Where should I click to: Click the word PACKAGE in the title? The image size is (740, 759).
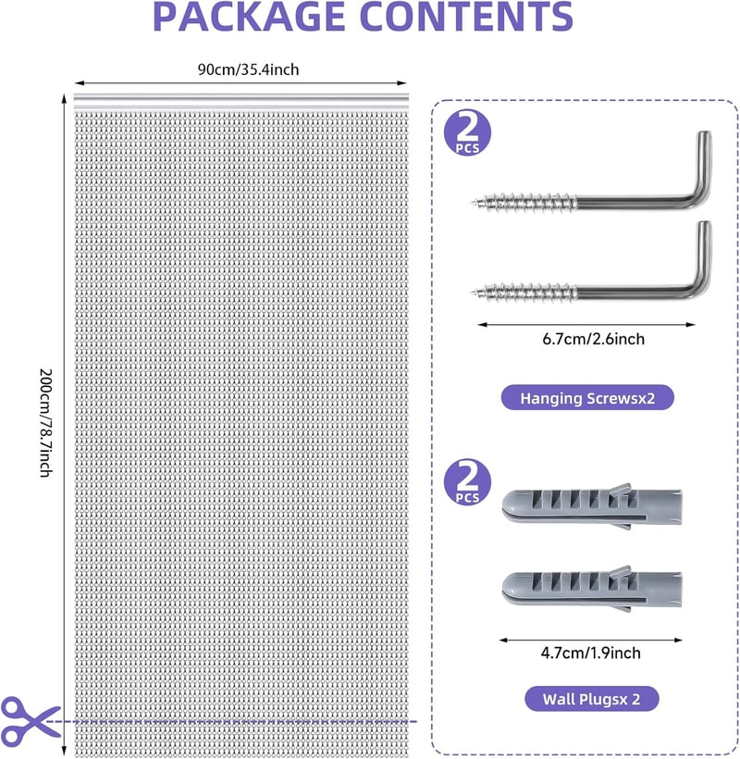coord(249,17)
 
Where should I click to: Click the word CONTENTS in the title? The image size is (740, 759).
coord(467,17)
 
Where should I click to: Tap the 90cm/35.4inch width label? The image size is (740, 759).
coord(248,69)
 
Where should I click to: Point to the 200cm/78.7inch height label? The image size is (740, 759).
coord(45,423)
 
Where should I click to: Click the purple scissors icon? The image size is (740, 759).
coord(29,720)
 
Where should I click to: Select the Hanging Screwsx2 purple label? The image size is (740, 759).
coord(587,398)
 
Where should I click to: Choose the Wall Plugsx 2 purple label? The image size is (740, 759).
coord(591,699)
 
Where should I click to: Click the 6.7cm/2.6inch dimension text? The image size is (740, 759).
coord(594,339)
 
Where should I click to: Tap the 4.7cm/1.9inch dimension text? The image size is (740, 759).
coord(590,653)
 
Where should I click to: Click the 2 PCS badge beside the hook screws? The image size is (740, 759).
coord(467,133)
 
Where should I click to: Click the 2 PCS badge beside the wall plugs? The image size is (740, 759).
coord(467,482)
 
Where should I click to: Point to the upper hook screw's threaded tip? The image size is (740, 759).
coord(472,202)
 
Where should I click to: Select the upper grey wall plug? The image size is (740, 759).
coord(592,505)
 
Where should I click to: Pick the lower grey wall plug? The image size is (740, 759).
coord(592,589)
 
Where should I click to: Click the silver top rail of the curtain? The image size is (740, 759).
coord(240,101)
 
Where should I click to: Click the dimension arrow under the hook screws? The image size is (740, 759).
coord(586,325)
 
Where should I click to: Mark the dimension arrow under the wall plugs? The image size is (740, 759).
coord(590,640)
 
